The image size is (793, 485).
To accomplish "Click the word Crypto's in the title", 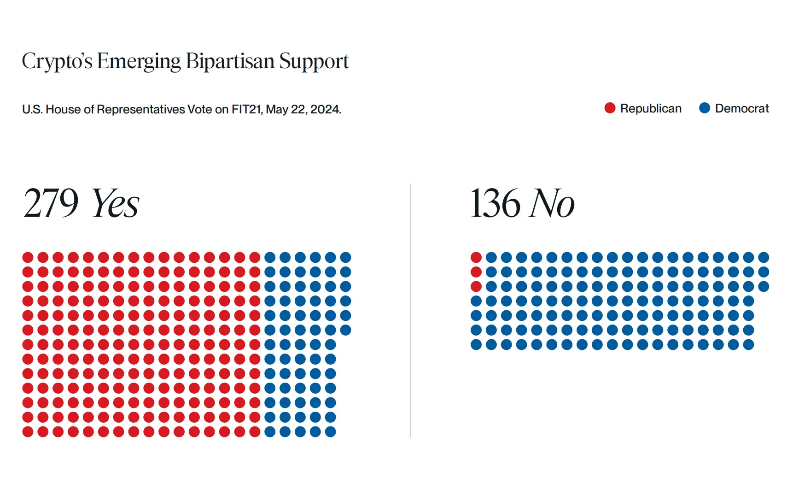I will click(x=57, y=62).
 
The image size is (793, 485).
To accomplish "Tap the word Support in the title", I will click(x=314, y=62).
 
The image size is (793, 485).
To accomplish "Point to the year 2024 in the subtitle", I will click(x=325, y=109).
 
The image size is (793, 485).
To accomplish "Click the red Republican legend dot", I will click(x=610, y=108).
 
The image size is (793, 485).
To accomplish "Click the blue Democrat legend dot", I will click(x=705, y=108).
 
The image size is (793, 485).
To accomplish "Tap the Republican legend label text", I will click(x=651, y=108).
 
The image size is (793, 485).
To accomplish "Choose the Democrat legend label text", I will click(x=742, y=108).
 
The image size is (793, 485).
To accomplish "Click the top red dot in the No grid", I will click(x=476, y=257).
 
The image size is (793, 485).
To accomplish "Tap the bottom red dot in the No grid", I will click(x=476, y=286).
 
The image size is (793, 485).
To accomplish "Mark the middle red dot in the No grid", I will click(x=476, y=272).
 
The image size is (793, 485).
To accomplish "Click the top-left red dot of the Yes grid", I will click(x=28, y=257).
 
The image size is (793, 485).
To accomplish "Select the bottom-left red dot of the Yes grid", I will click(x=28, y=432).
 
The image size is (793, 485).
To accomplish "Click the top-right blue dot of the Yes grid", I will click(x=345, y=257).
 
